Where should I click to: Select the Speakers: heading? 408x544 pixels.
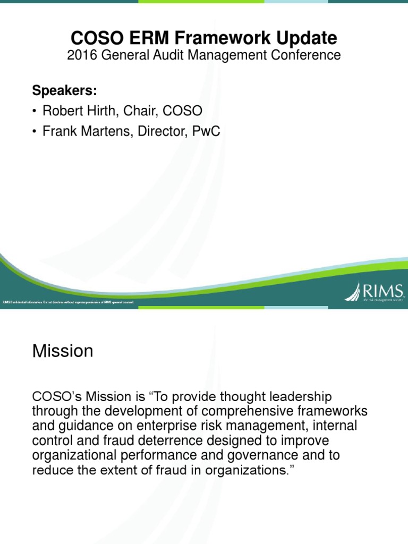[64, 90]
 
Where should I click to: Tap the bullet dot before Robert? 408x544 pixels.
[35, 112]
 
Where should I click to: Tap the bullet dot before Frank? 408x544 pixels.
[35, 132]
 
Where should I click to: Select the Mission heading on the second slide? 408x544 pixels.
[63, 351]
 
